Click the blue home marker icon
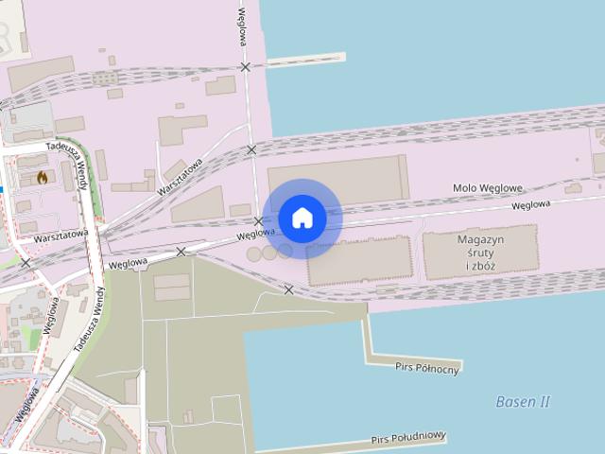click(x=302, y=218)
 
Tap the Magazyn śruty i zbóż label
click(x=480, y=253)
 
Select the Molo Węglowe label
click(x=488, y=189)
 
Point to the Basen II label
click(x=523, y=402)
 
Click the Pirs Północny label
click(x=427, y=368)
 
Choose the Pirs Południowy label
click(x=408, y=438)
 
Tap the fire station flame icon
click(x=43, y=177)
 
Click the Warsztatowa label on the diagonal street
click(x=181, y=176)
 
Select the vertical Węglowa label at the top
click(x=243, y=21)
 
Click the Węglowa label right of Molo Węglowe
click(x=530, y=204)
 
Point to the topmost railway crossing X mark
click(x=246, y=67)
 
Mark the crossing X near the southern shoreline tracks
click(x=288, y=290)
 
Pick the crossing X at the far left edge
click(x=26, y=263)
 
